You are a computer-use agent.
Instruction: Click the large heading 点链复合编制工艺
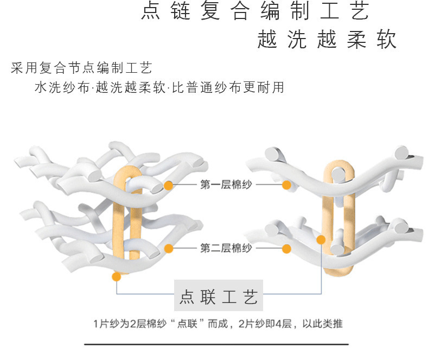pyautogui.click(x=256, y=12)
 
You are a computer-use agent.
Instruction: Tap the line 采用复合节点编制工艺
pyautogui.click(x=81, y=68)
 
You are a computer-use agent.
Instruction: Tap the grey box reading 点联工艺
pyautogui.click(x=218, y=296)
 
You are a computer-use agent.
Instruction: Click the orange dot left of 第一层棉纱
pyautogui.click(x=169, y=185)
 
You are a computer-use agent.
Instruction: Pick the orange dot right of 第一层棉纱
pyautogui.click(x=286, y=185)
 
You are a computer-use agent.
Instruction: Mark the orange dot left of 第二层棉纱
pyautogui.click(x=169, y=249)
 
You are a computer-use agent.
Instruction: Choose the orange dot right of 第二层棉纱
pyautogui.click(x=286, y=249)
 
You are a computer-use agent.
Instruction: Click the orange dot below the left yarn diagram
pyautogui.click(x=116, y=277)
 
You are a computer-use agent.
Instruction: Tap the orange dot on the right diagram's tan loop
pyautogui.click(x=321, y=239)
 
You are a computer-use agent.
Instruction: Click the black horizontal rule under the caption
pyautogui.click(x=217, y=344)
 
